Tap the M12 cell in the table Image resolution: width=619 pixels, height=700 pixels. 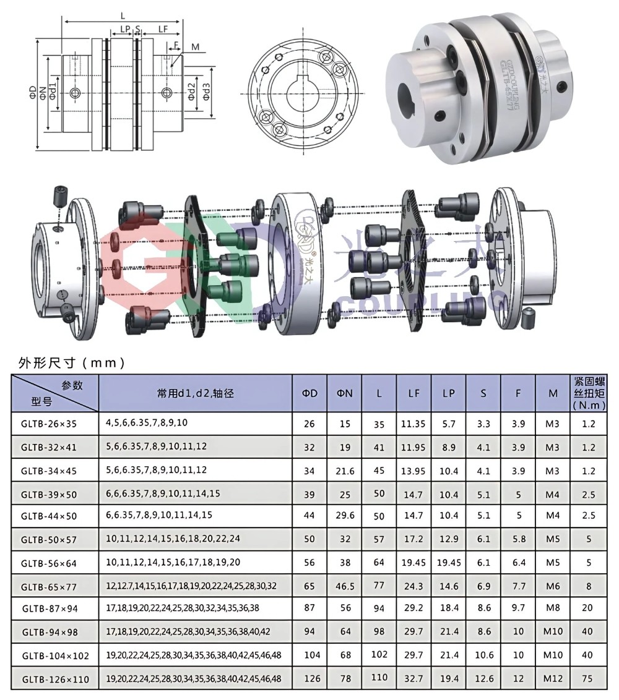click(x=553, y=678)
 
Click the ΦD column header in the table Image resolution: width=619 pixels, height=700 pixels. click(x=309, y=393)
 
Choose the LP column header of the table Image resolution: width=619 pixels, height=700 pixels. click(x=449, y=393)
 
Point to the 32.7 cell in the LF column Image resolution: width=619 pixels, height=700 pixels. click(x=413, y=678)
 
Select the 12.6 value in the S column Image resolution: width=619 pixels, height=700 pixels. click(x=483, y=678)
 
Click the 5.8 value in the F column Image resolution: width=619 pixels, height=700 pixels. click(x=518, y=539)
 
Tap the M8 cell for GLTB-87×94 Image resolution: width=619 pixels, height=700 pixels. click(x=553, y=608)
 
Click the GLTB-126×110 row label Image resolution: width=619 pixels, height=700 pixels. click(x=55, y=679)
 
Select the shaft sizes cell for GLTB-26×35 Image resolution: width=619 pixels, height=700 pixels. click(x=147, y=424)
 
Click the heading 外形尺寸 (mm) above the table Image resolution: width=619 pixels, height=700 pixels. click(x=72, y=363)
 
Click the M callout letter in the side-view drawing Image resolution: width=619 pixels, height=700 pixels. click(x=195, y=47)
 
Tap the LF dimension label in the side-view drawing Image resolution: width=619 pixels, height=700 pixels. click(x=163, y=29)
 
